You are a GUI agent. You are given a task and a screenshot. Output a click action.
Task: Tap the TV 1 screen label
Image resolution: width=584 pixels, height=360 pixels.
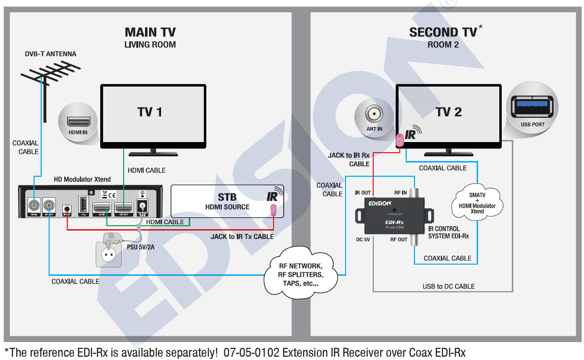tap(150, 112)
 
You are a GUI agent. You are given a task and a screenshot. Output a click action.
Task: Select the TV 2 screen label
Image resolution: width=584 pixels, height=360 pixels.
tap(448, 112)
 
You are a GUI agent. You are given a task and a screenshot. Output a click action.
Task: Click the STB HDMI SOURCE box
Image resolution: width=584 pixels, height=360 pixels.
tap(227, 201)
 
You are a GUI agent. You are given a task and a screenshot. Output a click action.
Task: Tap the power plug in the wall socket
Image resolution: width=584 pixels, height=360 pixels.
tap(113, 243)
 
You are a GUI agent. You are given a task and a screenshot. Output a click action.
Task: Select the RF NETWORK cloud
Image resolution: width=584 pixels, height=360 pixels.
tap(300, 272)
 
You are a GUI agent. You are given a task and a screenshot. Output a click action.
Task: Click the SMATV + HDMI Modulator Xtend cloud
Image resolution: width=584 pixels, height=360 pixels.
tap(477, 202)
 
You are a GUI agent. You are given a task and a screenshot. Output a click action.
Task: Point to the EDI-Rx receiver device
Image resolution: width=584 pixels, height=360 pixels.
tap(395, 214)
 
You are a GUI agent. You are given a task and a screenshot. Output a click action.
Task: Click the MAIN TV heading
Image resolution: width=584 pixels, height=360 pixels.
tap(150, 33)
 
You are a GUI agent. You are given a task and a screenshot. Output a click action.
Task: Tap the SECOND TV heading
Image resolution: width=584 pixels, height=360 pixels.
tap(443, 33)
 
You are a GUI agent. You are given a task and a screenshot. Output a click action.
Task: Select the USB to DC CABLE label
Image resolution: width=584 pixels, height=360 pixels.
tap(448, 287)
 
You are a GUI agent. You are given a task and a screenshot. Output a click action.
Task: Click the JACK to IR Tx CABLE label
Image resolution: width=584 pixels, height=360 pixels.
tap(242, 237)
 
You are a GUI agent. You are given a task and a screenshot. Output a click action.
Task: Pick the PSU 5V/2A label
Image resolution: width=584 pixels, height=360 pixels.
tap(141, 247)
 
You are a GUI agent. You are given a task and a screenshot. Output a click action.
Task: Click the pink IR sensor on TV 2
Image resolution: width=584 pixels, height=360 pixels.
tap(400, 140)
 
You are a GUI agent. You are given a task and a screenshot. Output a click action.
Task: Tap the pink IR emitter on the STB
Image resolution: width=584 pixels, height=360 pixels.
tap(274, 210)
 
